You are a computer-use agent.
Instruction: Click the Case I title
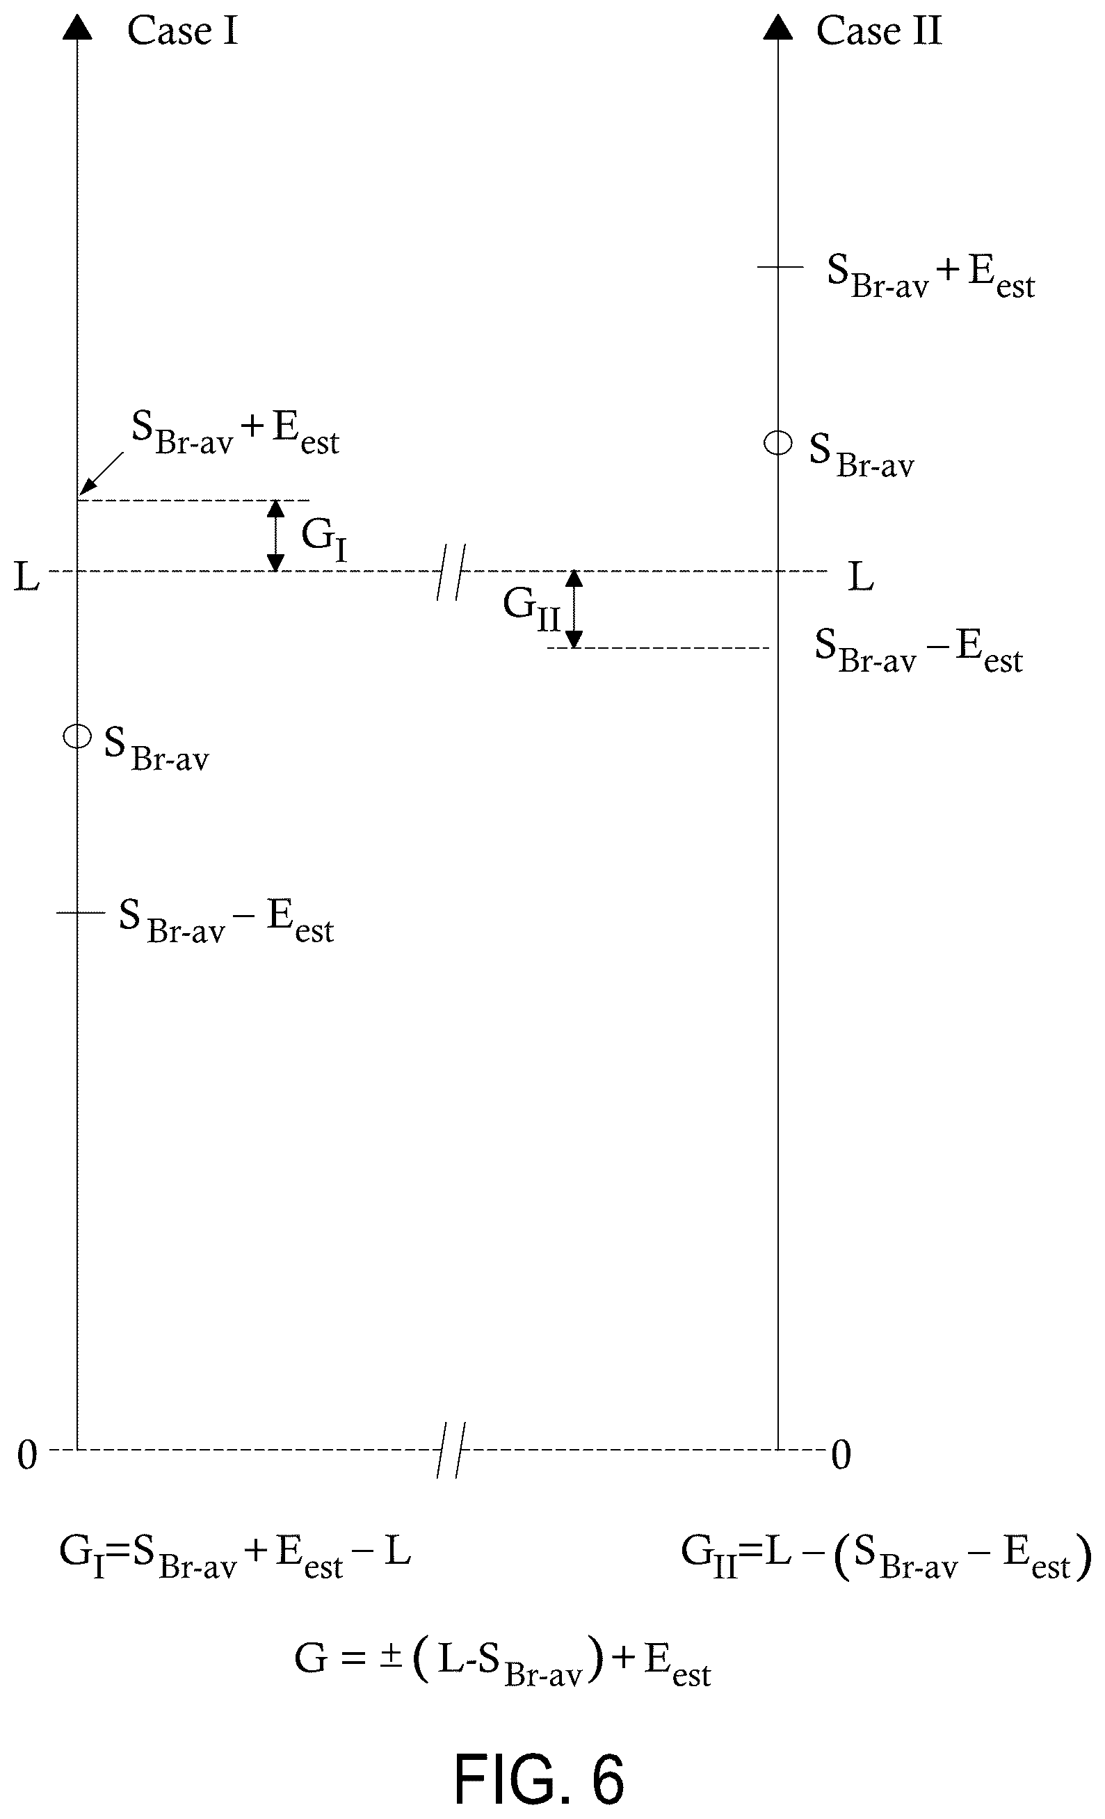(182, 31)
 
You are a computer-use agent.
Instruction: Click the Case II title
(879, 31)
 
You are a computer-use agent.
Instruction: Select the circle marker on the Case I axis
(76, 736)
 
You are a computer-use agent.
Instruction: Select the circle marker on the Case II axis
(778, 444)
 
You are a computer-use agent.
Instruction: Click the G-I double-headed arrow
(275, 535)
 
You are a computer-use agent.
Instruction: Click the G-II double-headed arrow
(574, 609)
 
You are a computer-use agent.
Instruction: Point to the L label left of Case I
(26, 576)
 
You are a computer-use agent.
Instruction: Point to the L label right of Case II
(861, 576)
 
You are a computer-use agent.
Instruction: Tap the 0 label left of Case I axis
(27, 1455)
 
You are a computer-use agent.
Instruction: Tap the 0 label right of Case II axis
(841, 1455)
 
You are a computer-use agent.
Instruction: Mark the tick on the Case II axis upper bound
(780, 266)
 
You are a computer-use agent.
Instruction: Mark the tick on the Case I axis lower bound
(81, 912)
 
